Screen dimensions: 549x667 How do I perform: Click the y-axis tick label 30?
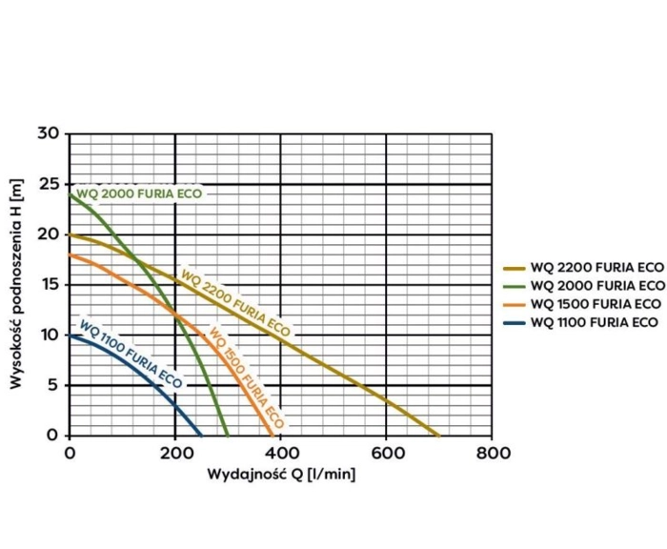[48, 132]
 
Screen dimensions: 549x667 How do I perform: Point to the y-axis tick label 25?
[48, 183]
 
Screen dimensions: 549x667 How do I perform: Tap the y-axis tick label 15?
[48, 284]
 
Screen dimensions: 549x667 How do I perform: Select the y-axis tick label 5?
[52, 384]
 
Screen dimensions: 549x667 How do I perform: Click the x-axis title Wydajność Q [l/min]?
[282, 474]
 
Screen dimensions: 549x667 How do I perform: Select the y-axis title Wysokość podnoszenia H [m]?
[16, 284]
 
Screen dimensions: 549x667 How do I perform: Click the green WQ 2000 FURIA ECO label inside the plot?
[140, 193]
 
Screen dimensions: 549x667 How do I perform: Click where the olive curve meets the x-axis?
[438, 435]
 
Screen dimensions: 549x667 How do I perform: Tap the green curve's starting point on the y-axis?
[70, 194]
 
